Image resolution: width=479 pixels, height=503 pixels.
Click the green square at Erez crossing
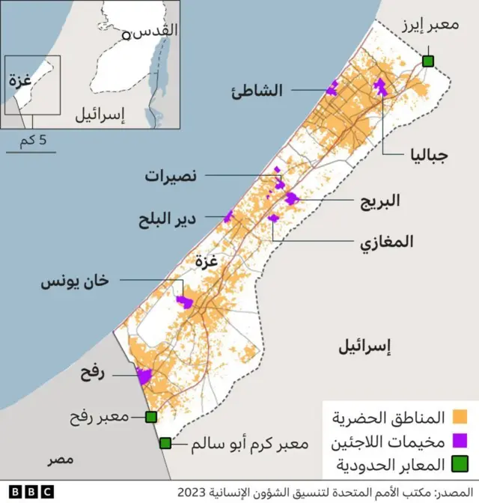click(428, 61)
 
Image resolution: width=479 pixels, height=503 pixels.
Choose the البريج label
click(379, 201)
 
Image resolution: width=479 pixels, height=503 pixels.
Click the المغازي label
click(386, 242)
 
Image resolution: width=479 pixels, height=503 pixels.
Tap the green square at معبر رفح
click(151, 416)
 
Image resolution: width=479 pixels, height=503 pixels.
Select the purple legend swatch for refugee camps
click(460, 439)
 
